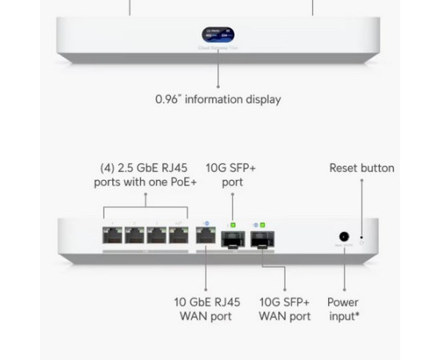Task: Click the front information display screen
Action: pos(218,36)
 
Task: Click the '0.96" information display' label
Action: pos(218,100)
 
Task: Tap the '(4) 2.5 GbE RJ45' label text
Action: pos(144,168)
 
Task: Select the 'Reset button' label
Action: pos(362,168)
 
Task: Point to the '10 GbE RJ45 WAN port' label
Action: pos(206,310)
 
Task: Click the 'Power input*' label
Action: pos(343,310)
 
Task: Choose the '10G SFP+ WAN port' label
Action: pos(285,310)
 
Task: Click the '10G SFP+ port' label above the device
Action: pos(225,175)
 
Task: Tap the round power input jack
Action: pos(344,237)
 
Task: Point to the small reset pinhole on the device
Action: pos(362,238)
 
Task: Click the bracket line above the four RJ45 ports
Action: pos(145,206)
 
